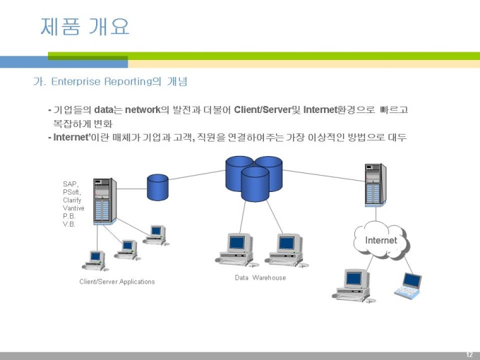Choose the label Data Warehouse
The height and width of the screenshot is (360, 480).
[x=260, y=278]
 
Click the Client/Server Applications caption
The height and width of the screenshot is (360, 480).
[x=116, y=282]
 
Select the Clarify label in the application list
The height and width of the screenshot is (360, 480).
[x=73, y=200]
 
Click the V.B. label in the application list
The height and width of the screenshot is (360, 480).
[x=69, y=224]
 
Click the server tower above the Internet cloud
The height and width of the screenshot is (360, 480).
[x=375, y=184]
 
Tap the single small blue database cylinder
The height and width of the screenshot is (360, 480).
[x=158, y=186]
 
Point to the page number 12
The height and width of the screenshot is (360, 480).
[x=469, y=354]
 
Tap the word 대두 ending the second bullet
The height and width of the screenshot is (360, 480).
[x=397, y=136]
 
